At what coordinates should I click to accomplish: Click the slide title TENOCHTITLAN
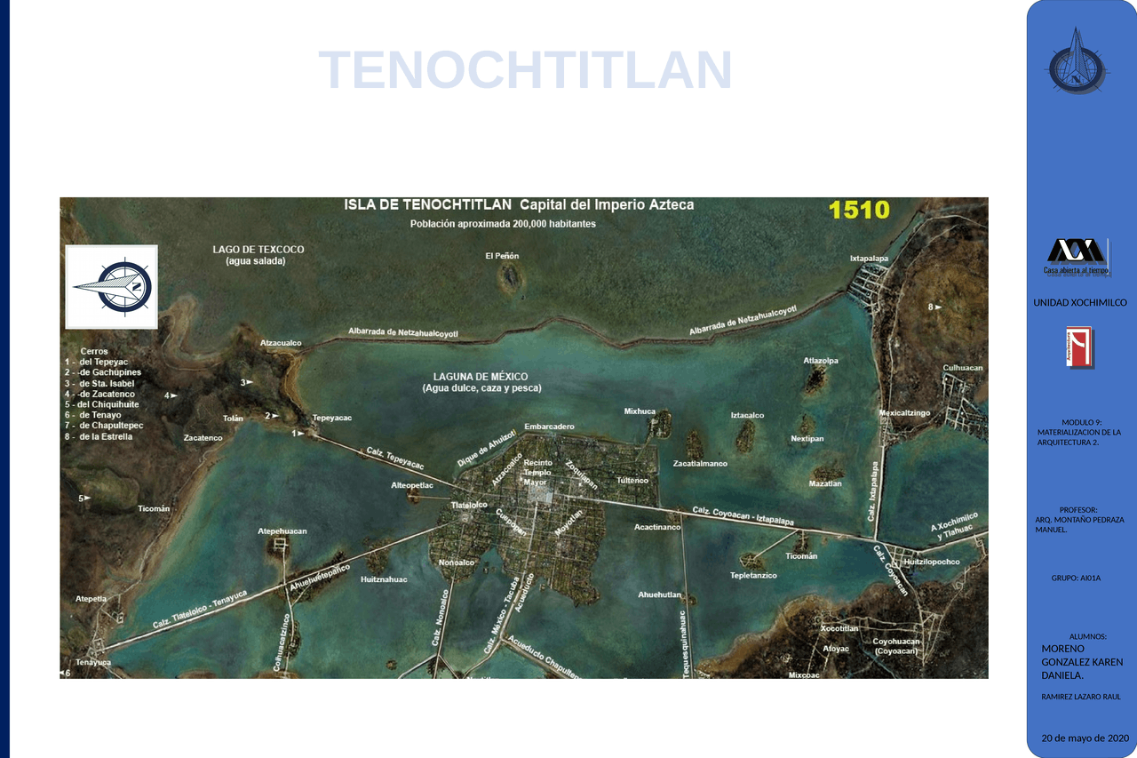tap(525, 70)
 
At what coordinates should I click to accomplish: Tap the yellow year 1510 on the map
tap(858, 210)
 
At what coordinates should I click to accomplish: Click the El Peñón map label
tap(502, 256)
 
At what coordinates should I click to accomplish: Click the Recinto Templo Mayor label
tap(537, 472)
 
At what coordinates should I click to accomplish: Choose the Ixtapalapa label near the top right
tap(869, 259)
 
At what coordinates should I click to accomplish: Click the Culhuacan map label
tap(962, 368)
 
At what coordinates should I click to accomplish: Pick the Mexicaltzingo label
tap(904, 413)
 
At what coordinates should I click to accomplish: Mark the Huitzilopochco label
tap(932, 562)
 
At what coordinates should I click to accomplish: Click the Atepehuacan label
tap(282, 531)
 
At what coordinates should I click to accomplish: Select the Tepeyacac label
tap(332, 418)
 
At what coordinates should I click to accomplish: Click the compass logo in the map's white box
tap(113, 287)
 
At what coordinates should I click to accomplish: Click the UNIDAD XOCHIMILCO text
tap(1079, 303)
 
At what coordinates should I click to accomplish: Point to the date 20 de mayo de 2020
tap(1085, 738)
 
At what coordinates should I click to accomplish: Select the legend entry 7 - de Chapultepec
tap(104, 426)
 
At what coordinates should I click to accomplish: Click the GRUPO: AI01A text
tap(1076, 578)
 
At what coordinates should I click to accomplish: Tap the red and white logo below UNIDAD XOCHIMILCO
tap(1080, 347)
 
